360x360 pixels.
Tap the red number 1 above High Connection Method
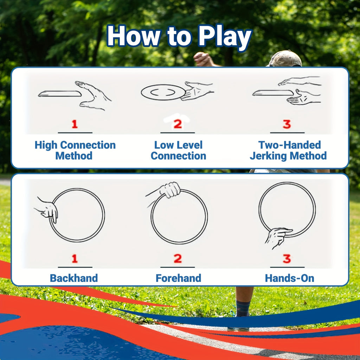[75, 124]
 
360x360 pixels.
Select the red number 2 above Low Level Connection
[178, 124]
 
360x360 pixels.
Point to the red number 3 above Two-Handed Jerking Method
[287, 124]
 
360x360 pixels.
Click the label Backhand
[74, 278]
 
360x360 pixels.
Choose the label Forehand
[179, 278]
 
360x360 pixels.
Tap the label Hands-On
[289, 278]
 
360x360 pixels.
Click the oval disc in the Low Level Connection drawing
[163, 92]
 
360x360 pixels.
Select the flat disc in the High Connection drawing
[60, 94]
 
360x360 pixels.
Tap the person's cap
[285, 59]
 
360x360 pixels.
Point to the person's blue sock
[243, 308]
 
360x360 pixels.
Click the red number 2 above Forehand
[178, 259]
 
